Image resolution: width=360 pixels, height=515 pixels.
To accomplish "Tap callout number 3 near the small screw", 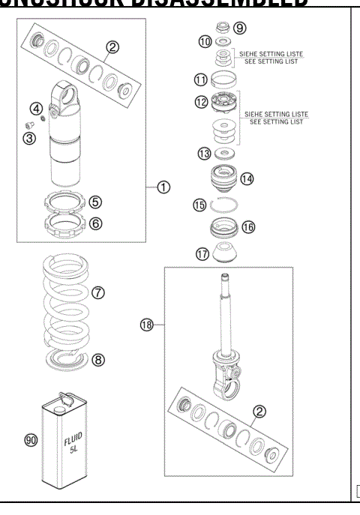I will click(x=28, y=139).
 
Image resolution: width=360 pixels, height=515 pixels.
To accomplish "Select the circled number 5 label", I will click(x=96, y=202).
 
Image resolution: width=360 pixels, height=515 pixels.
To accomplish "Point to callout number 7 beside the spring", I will click(x=98, y=292).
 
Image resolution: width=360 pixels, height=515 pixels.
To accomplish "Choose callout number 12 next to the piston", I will click(x=200, y=102).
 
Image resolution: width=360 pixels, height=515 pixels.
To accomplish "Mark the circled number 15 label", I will click(x=199, y=204).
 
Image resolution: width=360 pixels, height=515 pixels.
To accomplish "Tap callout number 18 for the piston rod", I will click(x=147, y=324).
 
